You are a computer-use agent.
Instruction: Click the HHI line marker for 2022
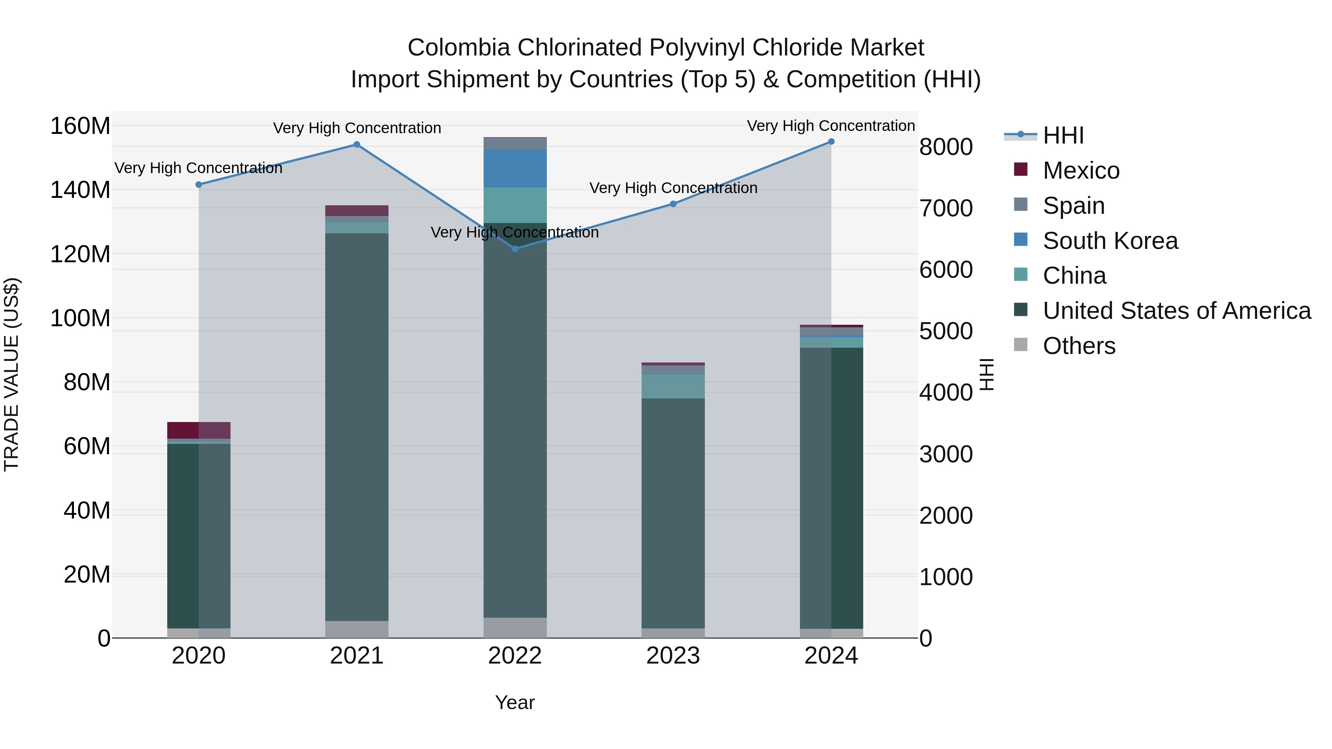click(x=515, y=249)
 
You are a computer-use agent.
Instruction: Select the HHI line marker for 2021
click(x=357, y=145)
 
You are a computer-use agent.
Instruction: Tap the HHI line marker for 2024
click(x=831, y=142)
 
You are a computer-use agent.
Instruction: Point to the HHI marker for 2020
click(x=199, y=185)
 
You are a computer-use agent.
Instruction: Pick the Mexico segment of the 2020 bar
click(x=199, y=430)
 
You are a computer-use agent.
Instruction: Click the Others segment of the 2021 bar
click(x=357, y=629)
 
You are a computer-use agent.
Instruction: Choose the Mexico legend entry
click(x=1081, y=171)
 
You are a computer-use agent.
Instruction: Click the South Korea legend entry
click(x=1110, y=241)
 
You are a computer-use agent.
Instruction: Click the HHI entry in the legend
click(x=1063, y=135)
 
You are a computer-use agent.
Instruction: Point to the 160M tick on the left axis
click(x=80, y=126)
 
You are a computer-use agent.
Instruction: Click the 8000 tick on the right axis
click(x=946, y=147)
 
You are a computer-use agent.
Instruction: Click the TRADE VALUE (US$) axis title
click(x=11, y=374)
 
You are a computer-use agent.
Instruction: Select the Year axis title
click(x=515, y=702)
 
